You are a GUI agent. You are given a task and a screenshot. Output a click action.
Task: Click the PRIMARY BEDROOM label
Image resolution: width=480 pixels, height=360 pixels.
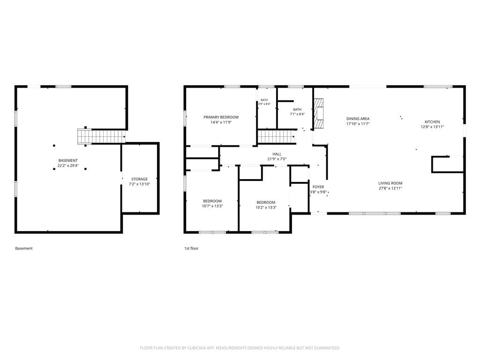click(221, 117)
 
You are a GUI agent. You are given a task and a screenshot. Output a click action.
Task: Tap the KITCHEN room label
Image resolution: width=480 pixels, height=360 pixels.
click(432, 121)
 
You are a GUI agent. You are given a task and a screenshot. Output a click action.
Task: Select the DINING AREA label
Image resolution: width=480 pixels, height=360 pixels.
click(358, 119)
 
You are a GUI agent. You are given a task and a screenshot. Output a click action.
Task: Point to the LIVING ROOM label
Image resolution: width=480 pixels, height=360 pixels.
click(390, 183)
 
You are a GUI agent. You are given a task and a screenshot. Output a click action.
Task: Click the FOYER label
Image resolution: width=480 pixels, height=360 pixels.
click(318, 187)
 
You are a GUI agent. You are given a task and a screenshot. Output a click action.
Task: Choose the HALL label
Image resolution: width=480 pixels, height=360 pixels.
click(277, 154)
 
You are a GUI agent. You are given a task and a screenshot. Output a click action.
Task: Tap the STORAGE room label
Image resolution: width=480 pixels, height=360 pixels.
click(139, 179)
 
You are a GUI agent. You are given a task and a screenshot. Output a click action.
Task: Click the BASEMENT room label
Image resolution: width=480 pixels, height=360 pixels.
click(68, 160)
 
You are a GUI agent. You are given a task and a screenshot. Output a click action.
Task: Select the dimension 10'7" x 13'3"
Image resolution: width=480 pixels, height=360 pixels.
click(212, 206)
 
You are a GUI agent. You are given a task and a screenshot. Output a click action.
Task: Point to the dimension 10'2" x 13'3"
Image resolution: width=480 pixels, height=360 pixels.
click(266, 207)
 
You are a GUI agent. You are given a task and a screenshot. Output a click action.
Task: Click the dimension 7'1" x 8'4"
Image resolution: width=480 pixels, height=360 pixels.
click(297, 114)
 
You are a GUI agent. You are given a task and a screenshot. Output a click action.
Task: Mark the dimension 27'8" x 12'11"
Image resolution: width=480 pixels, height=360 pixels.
click(390, 188)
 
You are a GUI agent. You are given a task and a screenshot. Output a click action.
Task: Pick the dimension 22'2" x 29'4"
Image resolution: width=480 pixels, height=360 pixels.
click(68, 165)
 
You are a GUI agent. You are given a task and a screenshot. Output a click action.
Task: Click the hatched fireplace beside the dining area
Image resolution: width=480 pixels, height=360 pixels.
click(319, 113)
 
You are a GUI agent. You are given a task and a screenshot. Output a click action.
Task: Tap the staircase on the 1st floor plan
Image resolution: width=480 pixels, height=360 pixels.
click(277, 136)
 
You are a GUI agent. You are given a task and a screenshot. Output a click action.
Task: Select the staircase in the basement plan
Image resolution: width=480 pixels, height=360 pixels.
click(101, 136)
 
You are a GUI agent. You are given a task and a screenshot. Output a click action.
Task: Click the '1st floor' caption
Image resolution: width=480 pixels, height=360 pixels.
click(191, 248)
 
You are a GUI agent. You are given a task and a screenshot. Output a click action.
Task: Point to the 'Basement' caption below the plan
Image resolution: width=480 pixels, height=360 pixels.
click(24, 248)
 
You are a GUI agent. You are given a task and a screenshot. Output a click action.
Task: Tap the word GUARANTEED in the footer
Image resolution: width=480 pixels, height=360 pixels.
click(328, 348)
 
